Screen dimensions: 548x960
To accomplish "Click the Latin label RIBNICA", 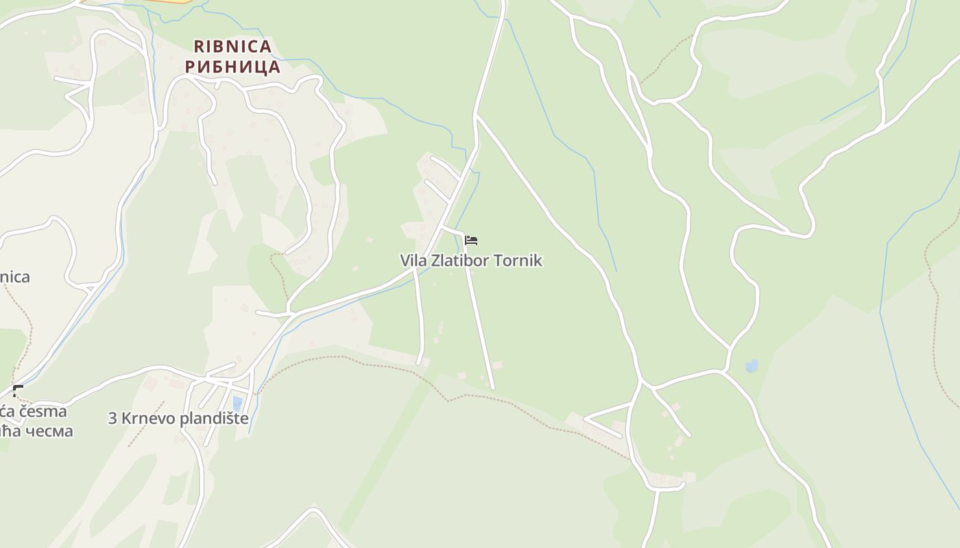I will point(232,47).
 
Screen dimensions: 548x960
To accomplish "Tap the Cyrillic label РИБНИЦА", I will point(232,67).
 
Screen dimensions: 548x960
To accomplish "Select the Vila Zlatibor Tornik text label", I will point(471,261).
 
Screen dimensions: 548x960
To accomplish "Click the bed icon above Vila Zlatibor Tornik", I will point(471,240).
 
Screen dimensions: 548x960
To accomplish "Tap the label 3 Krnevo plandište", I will point(178,419).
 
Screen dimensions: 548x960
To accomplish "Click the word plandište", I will point(215,419).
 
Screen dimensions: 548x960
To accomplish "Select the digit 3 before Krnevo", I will point(112,419).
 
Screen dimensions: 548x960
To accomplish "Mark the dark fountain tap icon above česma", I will point(18,391).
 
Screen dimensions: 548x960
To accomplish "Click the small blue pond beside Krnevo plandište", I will point(237,403).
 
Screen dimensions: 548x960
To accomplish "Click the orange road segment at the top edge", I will point(165,2).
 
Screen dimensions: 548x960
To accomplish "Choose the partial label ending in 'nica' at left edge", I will point(14,277).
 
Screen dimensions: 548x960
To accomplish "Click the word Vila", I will point(413,261).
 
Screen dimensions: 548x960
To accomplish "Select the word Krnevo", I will point(147,419).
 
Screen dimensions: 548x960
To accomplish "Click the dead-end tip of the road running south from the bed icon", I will point(492,388).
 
